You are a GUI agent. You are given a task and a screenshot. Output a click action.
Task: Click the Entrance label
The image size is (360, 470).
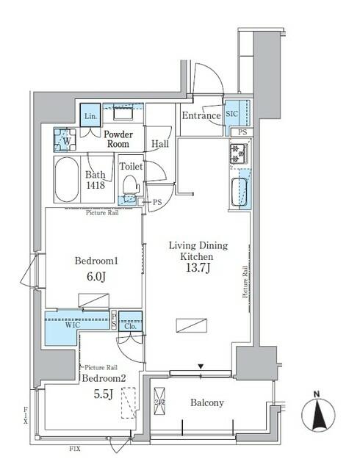point(201,116)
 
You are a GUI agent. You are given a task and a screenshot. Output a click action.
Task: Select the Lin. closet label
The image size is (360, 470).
point(90,117)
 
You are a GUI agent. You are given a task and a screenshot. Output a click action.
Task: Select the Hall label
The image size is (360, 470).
point(160,145)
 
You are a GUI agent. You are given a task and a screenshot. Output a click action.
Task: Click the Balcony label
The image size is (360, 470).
point(207,403)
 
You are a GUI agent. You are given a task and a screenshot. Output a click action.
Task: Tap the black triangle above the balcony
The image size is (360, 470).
point(199,365)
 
